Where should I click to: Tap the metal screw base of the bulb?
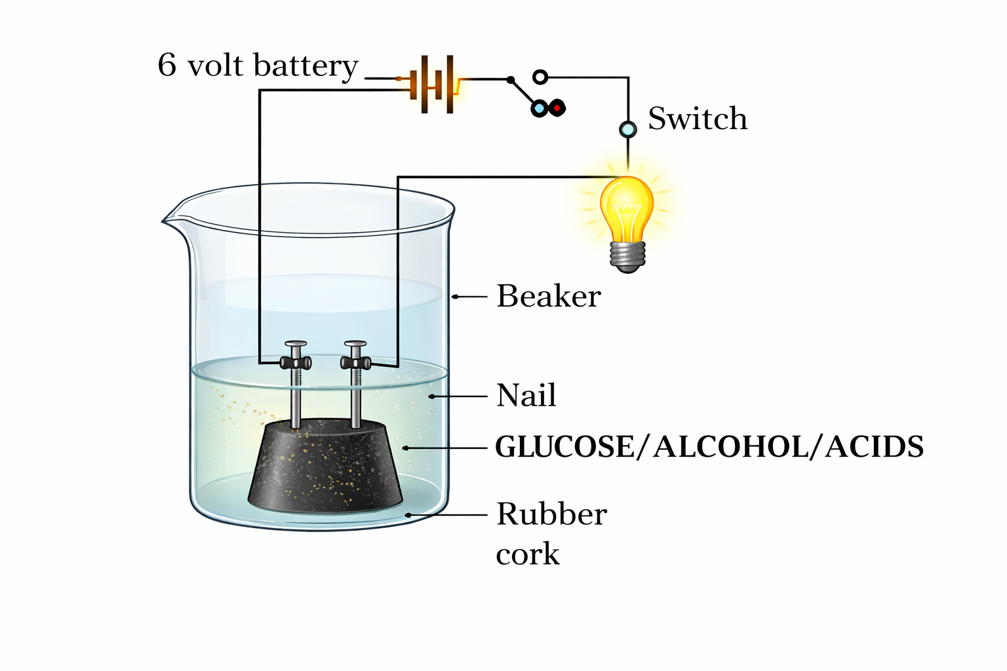[627, 256]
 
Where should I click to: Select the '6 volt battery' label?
[258, 66]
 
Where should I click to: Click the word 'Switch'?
[698, 119]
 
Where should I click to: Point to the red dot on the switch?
[557, 107]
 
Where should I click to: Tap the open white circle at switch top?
[540, 77]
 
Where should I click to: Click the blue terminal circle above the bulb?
[627, 129]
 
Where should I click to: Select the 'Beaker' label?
[548, 296]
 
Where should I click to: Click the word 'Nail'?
[526, 395]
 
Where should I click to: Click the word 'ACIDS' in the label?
[874, 447]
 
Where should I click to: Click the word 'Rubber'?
[551, 514]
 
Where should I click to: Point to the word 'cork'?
[528, 554]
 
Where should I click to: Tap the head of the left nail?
[296, 343]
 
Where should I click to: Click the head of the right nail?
[355, 343]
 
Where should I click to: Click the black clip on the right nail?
[356, 362]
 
